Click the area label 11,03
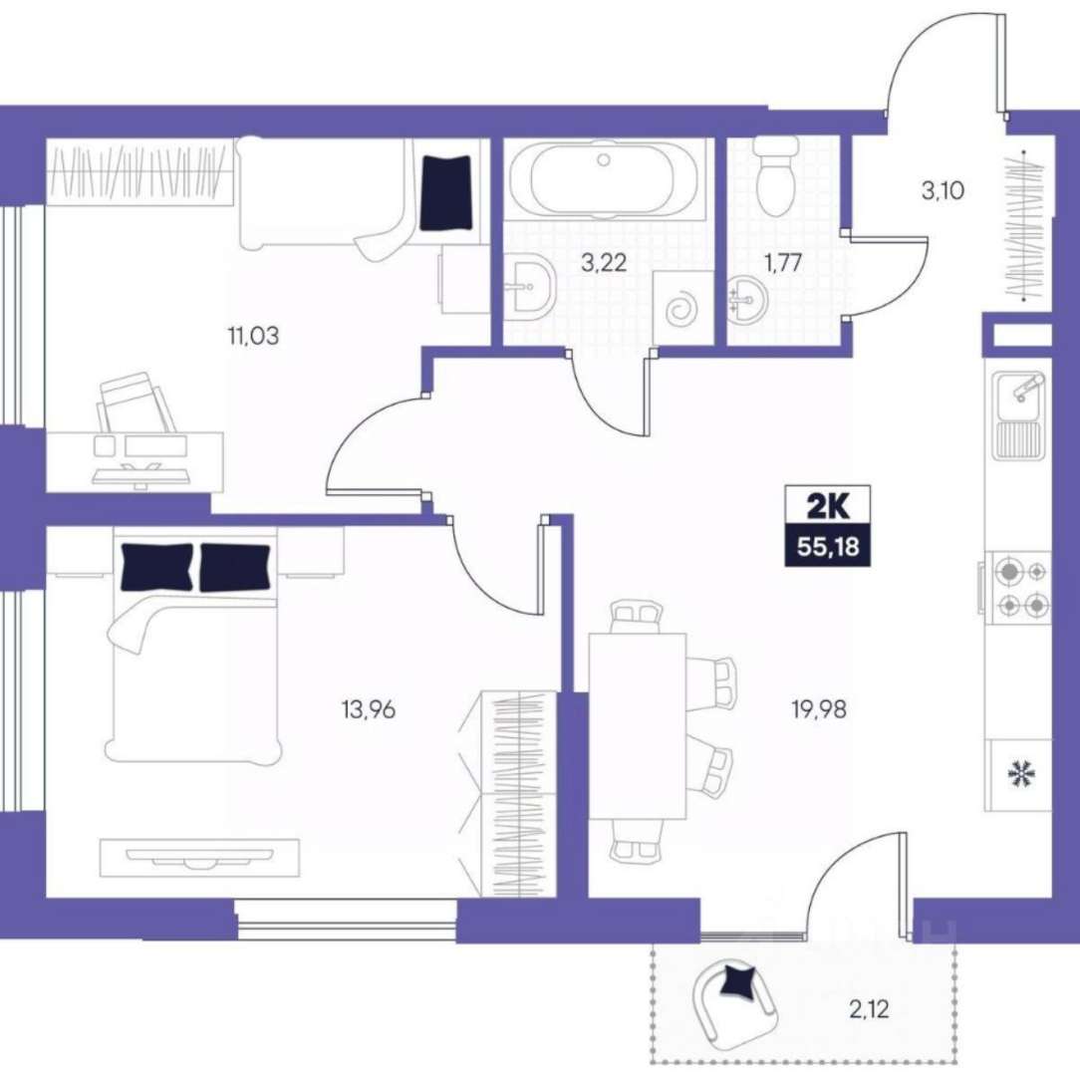tap(253, 336)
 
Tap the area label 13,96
tap(369, 708)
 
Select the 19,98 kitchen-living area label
tap(819, 708)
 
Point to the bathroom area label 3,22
tap(604, 262)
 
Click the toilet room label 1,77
tap(784, 262)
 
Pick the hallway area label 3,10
tap(943, 190)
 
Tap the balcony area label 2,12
tap(869, 1010)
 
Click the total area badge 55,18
tap(828, 547)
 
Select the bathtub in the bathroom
tap(604, 179)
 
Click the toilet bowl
tap(775, 175)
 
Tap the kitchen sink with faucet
tap(1018, 415)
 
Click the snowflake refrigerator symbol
tap(1018, 774)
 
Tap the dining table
tap(638, 725)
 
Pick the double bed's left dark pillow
tap(156, 567)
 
